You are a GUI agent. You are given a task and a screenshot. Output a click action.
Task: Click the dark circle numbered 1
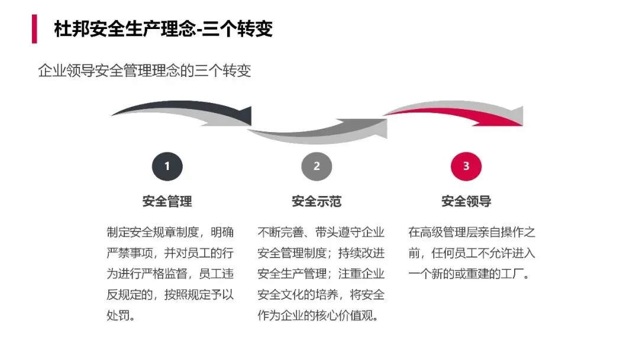click(x=167, y=166)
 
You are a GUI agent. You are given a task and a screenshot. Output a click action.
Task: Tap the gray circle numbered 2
click(x=317, y=166)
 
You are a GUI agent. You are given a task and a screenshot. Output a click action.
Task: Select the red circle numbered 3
click(x=466, y=166)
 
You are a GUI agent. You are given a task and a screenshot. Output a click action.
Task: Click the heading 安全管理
click(x=167, y=201)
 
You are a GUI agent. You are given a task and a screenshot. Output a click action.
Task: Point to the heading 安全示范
click(x=317, y=201)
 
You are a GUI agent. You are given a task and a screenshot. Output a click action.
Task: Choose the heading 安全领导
click(x=466, y=201)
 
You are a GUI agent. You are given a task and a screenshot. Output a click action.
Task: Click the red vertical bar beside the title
click(x=34, y=29)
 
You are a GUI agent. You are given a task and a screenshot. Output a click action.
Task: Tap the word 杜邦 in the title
click(x=64, y=29)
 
